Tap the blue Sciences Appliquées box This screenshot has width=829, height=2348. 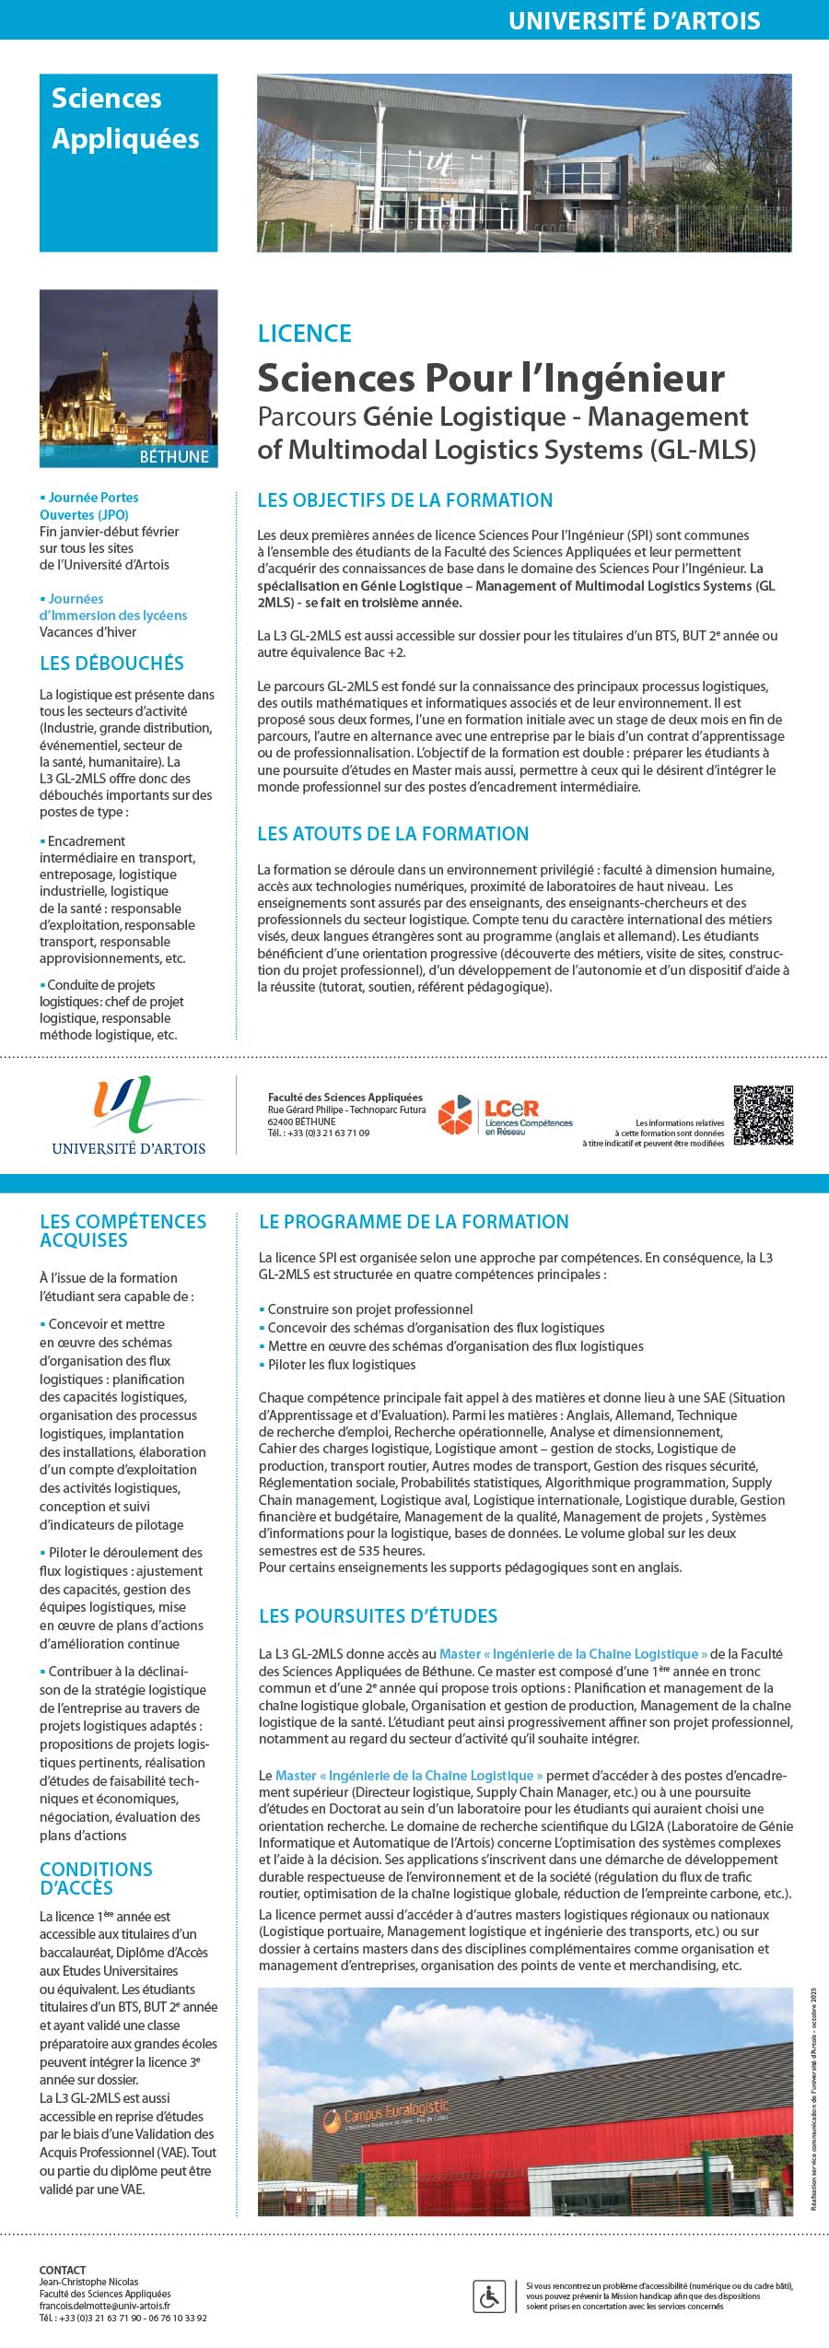pos(128,162)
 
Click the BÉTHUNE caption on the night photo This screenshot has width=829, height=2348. pos(174,457)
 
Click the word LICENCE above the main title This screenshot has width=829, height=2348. pos(304,334)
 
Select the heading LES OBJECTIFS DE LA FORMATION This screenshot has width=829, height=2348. pos(404,500)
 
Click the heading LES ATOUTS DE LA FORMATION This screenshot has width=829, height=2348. pos(392,834)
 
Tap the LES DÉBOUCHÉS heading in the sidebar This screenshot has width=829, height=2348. pos(111,663)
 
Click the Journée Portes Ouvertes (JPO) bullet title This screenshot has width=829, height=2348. pos(88,506)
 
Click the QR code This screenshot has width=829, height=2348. pos(763,1115)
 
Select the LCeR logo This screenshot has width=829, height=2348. pos(505,1117)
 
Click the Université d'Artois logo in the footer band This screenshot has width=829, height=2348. pos(128,1116)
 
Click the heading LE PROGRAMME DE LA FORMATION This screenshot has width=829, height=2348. pos(414,1222)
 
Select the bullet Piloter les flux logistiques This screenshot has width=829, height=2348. pos(341,1365)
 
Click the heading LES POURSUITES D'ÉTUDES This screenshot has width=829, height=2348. pos(378,1615)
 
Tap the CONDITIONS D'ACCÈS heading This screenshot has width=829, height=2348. pos(96,1878)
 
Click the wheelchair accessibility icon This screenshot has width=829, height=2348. pos(489,2296)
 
